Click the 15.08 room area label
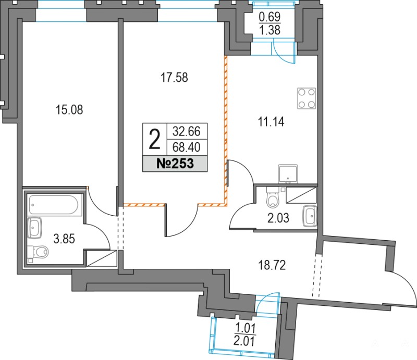click(69, 109)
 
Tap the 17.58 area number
click(174, 78)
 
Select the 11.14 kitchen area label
click(271, 122)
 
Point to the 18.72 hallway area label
click(272, 265)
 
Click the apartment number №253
click(175, 164)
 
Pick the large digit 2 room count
click(155, 139)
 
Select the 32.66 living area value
click(187, 131)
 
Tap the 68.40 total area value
click(187, 147)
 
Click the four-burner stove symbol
click(306, 98)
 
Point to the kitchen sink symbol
click(288, 174)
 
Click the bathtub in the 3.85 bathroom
click(54, 205)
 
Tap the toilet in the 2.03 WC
click(273, 197)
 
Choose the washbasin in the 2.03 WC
click(310, 216)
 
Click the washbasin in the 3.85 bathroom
click(34, 228)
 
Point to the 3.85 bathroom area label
click(64, 239)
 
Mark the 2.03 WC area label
click(278, 218)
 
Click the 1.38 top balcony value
click(269, 30)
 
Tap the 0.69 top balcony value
click(269, 17)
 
